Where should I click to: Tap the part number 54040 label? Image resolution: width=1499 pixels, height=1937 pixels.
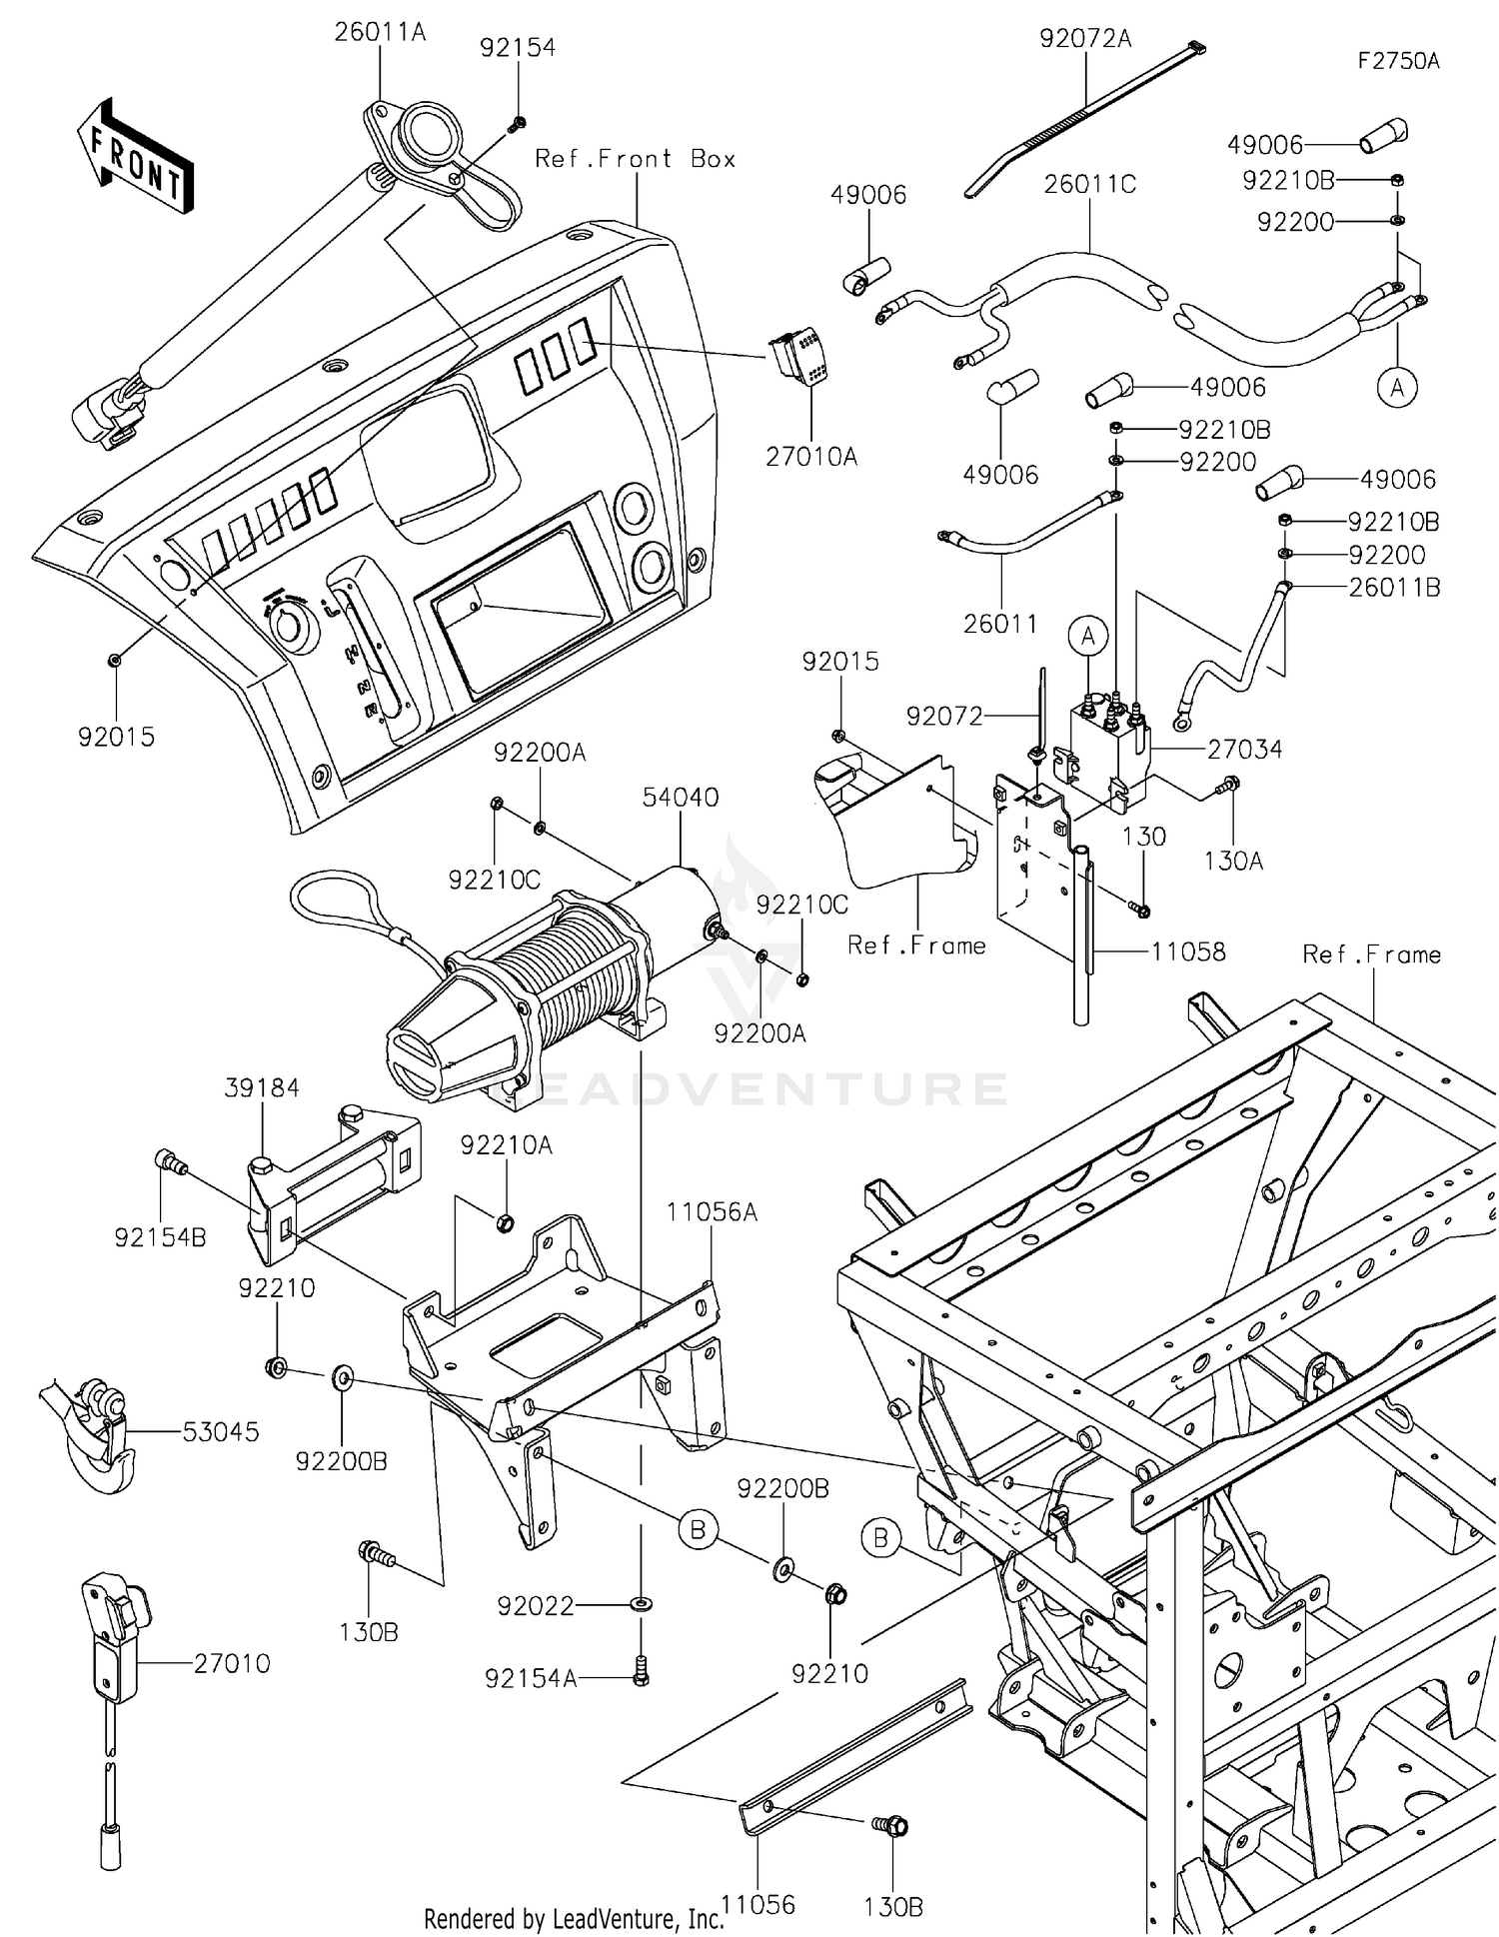[680, 798]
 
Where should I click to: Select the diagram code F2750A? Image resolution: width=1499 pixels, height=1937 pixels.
[1398, 61]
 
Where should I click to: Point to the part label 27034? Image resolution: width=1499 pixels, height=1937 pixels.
[1244, 750]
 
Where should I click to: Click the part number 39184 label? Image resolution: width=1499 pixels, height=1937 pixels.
[262, 1087]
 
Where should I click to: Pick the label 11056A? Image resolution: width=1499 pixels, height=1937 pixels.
[712, 1212]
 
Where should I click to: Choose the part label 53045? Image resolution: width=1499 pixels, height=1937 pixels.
[220, 1431]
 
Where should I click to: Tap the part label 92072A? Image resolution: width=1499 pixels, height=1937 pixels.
[1085, 39]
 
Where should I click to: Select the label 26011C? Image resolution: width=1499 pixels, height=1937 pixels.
[1090, 185]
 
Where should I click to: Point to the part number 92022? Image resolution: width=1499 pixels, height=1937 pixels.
[537, 1606]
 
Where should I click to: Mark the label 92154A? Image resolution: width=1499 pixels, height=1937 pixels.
[531, 1678]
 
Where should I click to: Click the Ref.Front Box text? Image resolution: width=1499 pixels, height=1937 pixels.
[636, 159]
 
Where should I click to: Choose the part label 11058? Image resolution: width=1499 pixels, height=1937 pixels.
[1188, 952]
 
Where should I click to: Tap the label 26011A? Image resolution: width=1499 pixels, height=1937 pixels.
[380, 33]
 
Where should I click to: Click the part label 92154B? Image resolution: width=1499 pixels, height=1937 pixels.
[160, 1237]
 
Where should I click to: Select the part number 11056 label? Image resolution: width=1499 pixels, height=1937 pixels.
[758, 1904]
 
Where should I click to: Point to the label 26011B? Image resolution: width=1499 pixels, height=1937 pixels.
[1394, 588]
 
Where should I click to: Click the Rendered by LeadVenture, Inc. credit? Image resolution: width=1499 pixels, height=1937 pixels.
[573, 1919]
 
